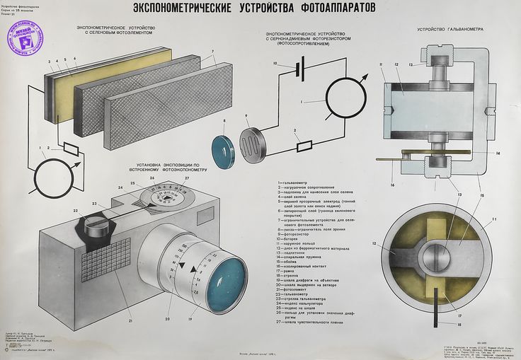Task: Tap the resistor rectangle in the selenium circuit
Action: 71,149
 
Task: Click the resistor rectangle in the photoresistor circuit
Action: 304,146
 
